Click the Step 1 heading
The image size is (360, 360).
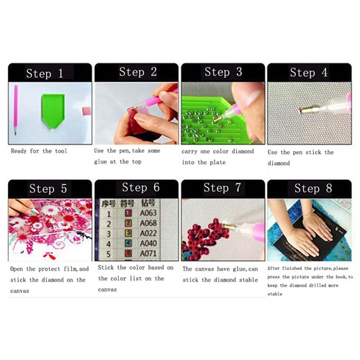click(45, 73)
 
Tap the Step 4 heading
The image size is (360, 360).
click(309, 72)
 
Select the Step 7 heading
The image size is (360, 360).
click(222, 188)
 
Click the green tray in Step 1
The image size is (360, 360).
click(53, 111)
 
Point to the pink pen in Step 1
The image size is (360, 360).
click(16, 109)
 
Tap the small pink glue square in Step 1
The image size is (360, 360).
click(86, 111)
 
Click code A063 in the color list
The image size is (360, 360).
click(148, 213)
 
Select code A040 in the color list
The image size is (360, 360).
click(148, 243)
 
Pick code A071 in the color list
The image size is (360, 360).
click(148, 253)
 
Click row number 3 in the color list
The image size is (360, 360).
click(109, 234)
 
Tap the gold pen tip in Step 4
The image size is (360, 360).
click(306, 110)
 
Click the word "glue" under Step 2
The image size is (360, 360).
click(100, 162)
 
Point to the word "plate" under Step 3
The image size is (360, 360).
click(217, 163)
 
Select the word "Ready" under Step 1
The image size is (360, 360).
click(19, 151)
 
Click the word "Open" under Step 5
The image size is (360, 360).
click(17, 269)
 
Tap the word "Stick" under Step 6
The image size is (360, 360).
click(106, 267)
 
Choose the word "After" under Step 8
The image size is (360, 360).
click(274, 269)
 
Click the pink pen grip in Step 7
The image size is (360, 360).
click(258, 232)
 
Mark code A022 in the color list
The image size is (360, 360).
click(148, 233)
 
